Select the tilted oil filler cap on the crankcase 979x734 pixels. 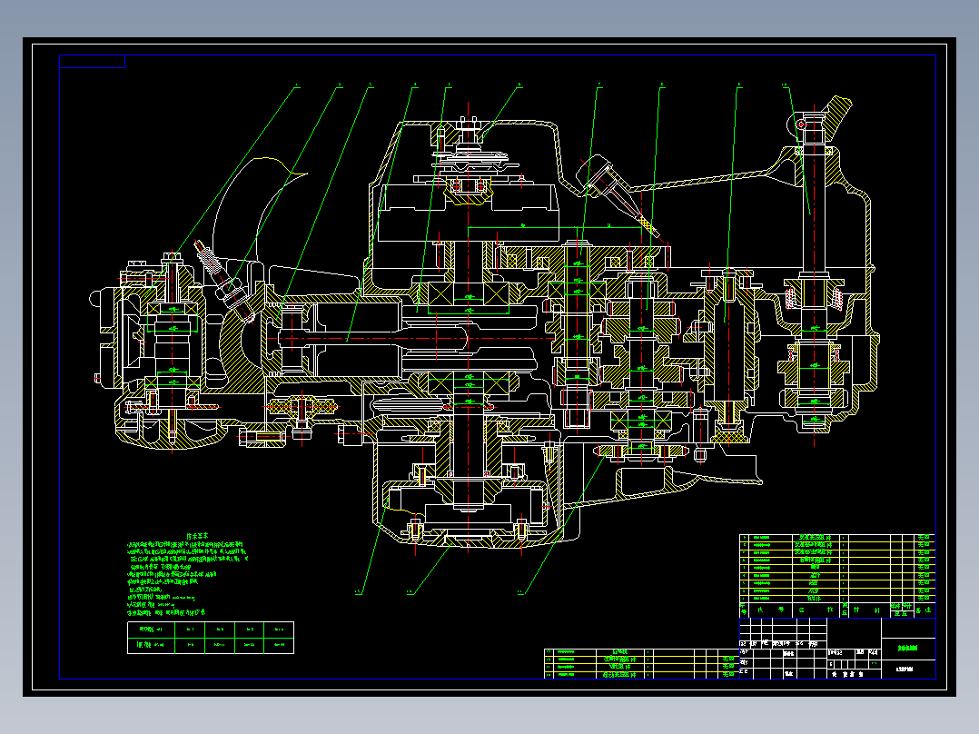pos(599,173)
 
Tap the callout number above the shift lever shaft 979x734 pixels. pos(785,86)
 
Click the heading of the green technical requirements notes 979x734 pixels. pos(198,537)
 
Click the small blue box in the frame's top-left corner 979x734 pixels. pos(92,62)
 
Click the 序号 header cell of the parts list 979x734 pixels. pos(745,609)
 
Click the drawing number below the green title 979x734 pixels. pos(904,670)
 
